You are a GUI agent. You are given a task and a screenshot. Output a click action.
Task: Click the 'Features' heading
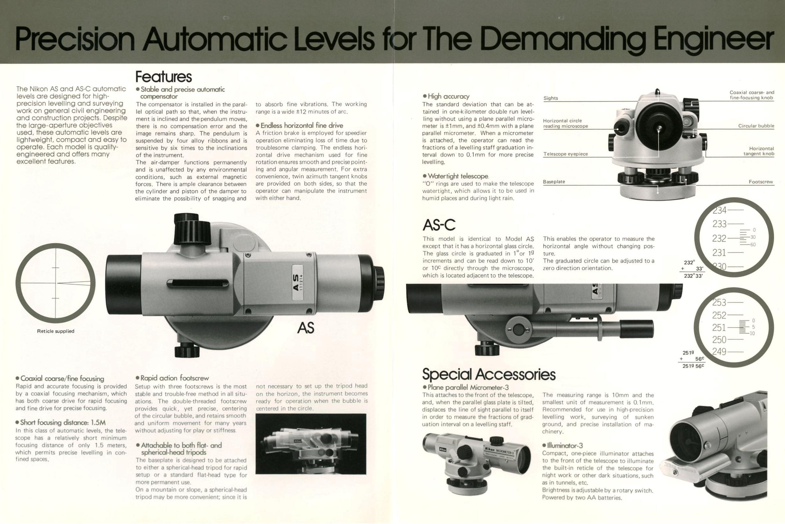[x=163, y=76]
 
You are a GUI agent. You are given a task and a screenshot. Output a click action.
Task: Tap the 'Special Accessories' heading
[x=489, y=375]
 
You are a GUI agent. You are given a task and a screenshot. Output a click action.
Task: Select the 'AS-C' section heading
[x=439, y=225]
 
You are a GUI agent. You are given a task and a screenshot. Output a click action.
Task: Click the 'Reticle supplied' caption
[x=55, y=331]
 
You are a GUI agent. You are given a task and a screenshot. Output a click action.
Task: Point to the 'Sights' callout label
[x=551, y=98]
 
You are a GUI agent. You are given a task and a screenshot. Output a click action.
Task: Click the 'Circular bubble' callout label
[x=756, y=126]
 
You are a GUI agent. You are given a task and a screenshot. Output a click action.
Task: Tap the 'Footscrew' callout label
[x=761, y=182]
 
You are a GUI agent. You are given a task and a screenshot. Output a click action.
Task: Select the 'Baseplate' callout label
[x=554, y=182]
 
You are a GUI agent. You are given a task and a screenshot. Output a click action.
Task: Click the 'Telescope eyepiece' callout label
[x=565, y=154]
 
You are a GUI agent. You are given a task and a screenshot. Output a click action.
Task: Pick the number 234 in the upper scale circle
[x=720, y=210]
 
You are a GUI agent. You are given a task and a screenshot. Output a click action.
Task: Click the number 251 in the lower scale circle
[x=719, y=327]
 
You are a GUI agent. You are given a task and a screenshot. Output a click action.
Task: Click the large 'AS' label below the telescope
[x=306, y=328]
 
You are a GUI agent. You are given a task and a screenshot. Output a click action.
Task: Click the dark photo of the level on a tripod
[x=311, y=444]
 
